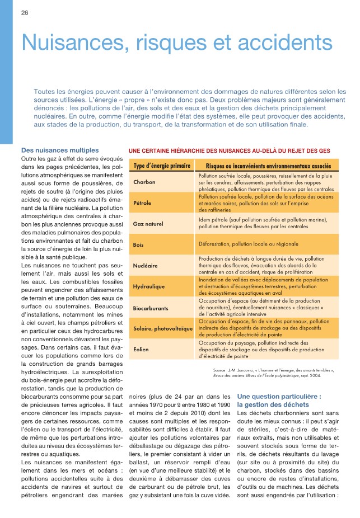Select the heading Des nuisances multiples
60,150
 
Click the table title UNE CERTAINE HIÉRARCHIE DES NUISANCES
230,150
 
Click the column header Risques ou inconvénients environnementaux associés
268,166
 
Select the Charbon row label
144,182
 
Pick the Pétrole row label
143,202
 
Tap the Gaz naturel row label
148,224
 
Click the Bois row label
139,244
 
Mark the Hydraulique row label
148,286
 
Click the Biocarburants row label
151,308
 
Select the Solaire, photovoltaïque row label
162,328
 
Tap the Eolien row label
141,349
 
